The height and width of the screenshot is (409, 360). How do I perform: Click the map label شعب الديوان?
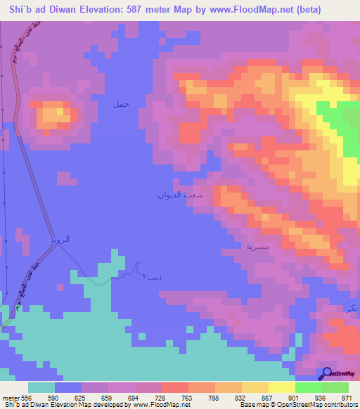tap(181, 195)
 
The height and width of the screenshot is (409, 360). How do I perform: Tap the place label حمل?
tap(122, 104)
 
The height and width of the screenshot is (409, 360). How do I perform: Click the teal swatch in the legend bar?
tap(41, 387)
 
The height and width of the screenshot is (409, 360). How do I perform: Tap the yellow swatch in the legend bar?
tap(281, 387)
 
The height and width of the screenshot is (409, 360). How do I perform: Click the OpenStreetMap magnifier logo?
tap(326, 373)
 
